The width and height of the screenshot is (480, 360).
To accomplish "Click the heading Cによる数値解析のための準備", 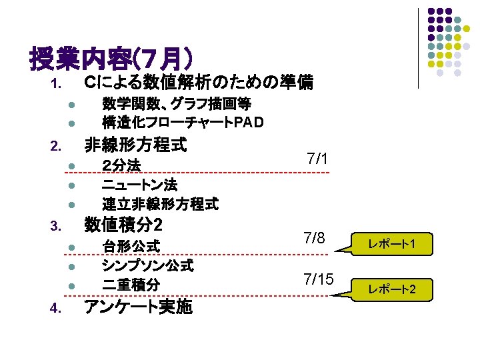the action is point(197,83).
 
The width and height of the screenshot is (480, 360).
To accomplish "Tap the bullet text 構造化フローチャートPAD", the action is point(182,123).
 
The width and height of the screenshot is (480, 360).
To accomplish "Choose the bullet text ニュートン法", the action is point(139,184).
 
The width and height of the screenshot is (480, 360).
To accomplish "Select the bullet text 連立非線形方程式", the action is point(160,203).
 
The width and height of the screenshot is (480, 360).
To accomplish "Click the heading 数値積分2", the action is point(124,225).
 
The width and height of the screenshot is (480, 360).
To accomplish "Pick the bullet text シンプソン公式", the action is point(147,265).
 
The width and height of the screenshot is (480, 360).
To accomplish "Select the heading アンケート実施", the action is point(137,307).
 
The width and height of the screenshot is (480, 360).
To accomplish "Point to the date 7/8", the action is point(315,238).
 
